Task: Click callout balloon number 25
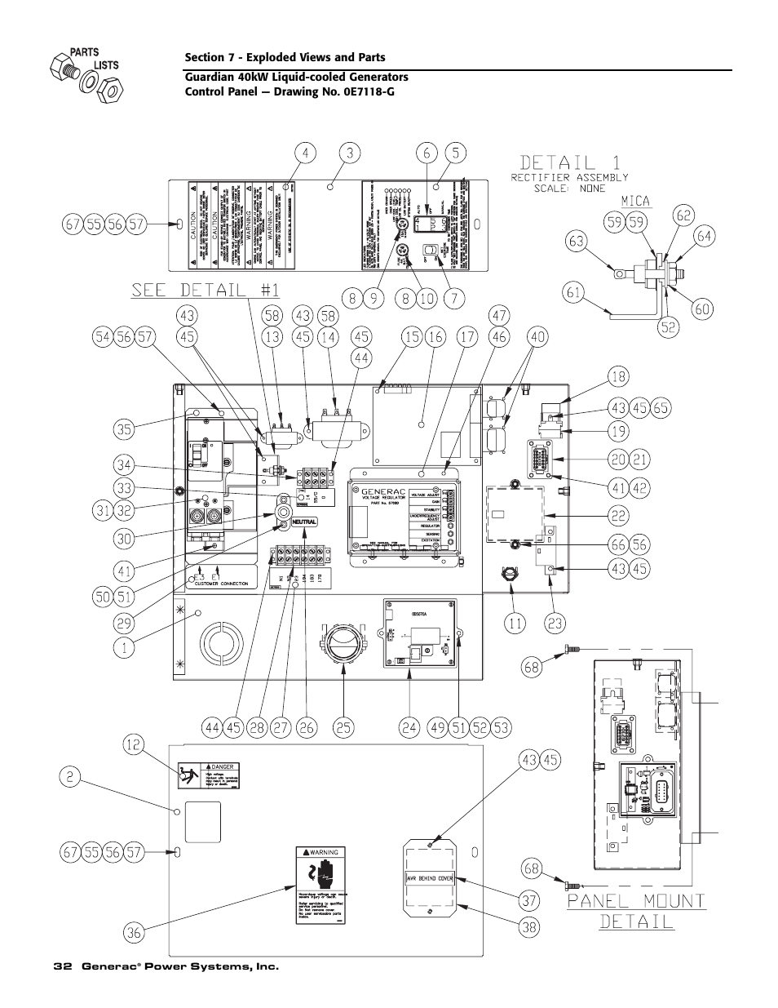click(343, 725)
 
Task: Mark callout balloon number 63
click(577, 241)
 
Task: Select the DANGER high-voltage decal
click(201, 776)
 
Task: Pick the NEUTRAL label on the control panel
click(299, 522)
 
